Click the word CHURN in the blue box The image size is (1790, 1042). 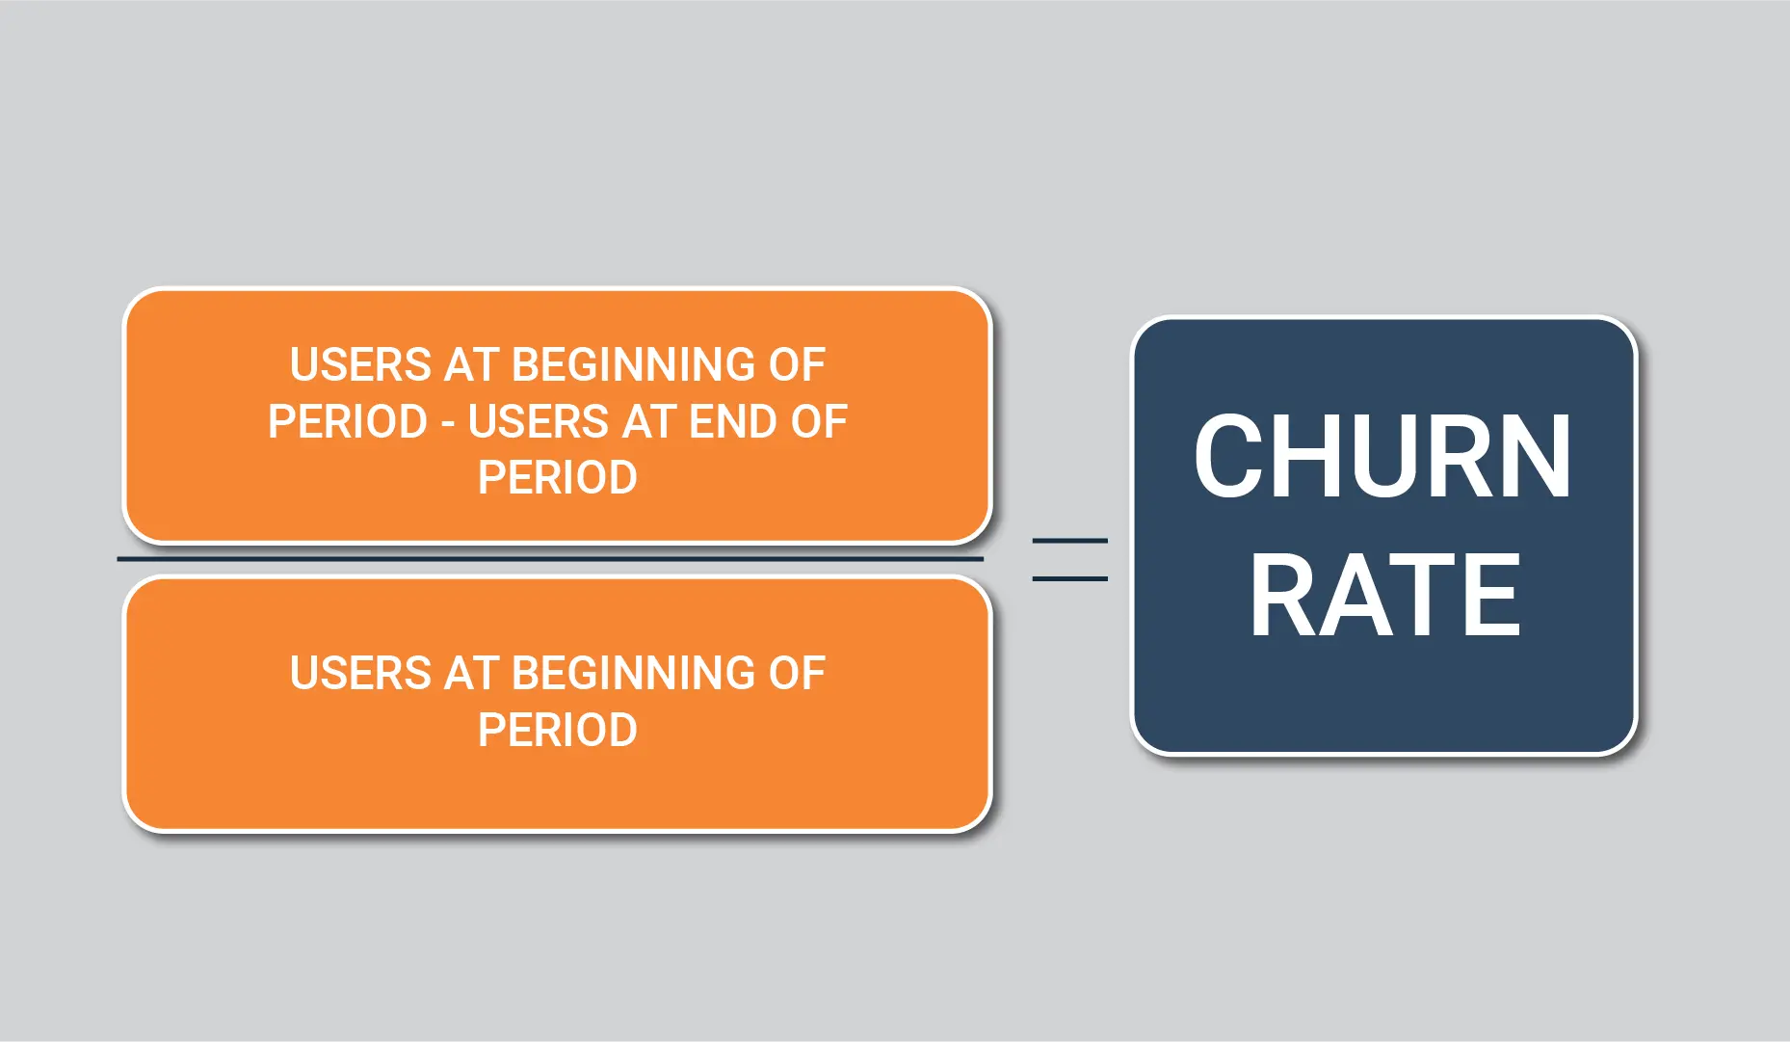[1382, 456]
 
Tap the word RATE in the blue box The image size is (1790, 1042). [1385, 596]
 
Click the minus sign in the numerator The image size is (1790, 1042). [448, 424]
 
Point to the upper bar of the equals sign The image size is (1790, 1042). [1070, 541]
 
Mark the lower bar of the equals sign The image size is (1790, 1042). [1070, 578]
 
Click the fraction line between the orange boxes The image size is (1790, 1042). [550, 558]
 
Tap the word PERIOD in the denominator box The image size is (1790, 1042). [558, 730]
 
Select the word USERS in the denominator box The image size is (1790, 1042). [361, 673]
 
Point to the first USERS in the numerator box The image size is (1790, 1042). [361, 364]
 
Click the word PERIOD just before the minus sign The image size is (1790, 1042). [348, 421]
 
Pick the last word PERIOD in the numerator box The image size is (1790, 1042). [558, 477]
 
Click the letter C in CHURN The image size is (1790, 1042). [1224, 456]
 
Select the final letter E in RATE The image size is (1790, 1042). [1495, 596]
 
